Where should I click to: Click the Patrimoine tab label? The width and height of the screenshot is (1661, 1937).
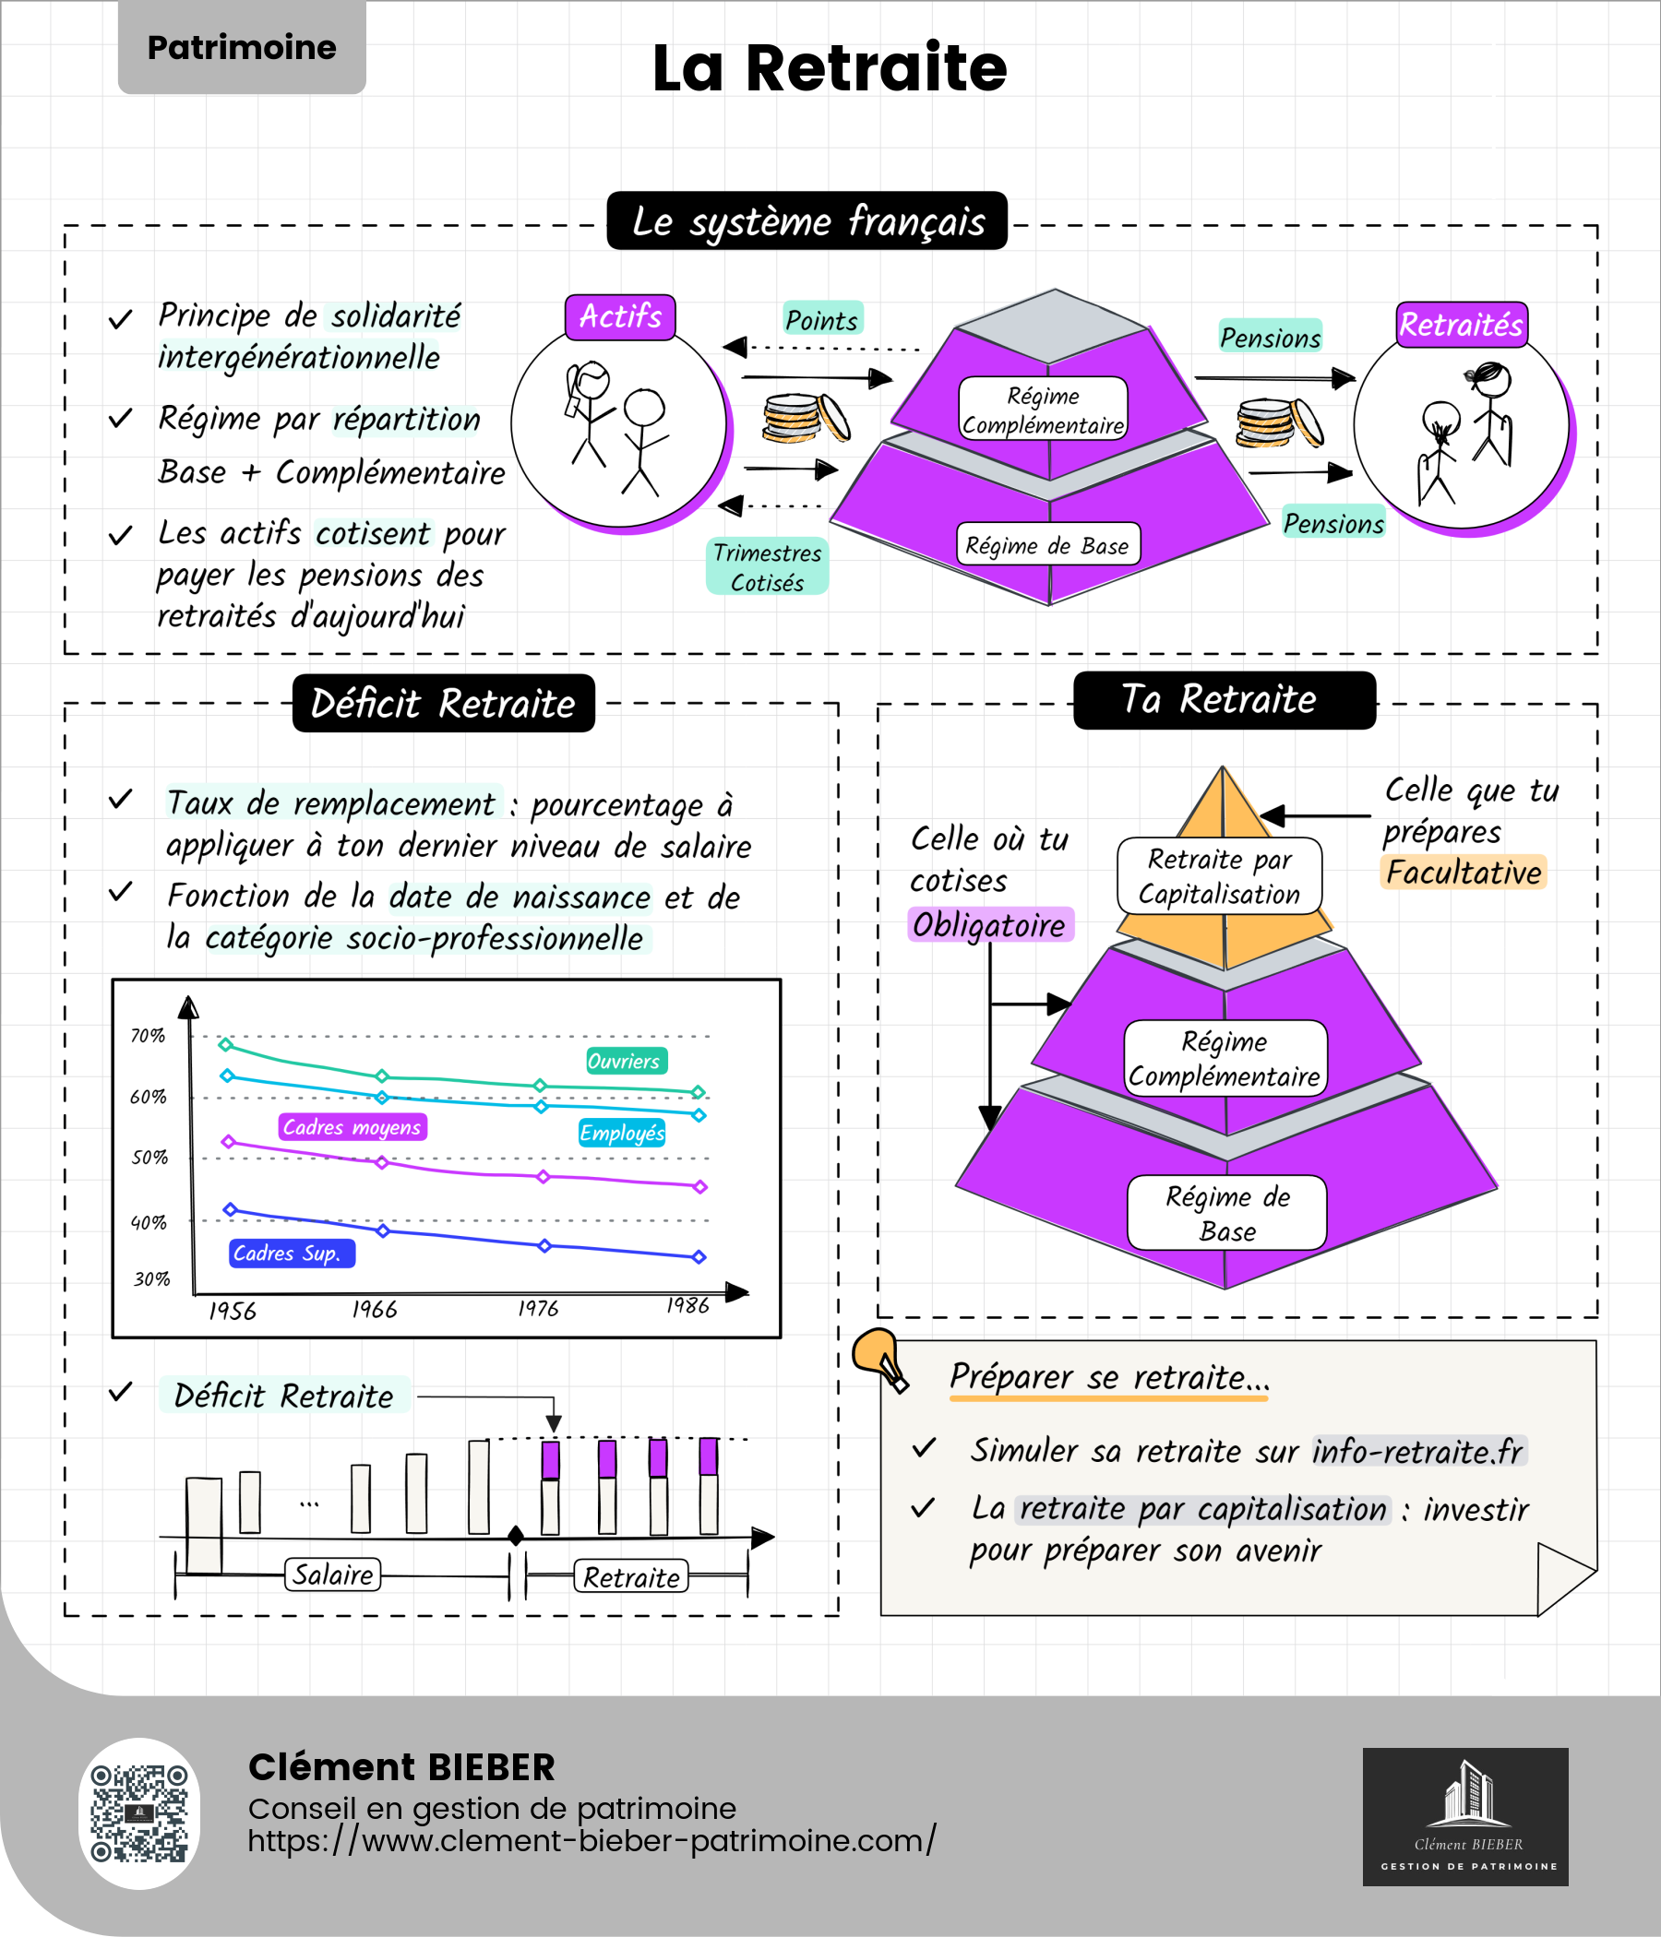pos(241,47)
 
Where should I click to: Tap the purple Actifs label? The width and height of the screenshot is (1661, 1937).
pos(620,317)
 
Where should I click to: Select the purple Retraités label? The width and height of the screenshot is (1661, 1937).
pos(1461,325)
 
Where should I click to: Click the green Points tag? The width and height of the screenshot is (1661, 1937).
pos(822,320)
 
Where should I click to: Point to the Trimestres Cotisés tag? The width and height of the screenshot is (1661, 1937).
pos(767,566)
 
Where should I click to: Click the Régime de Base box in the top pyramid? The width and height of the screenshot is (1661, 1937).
pos(1047,544)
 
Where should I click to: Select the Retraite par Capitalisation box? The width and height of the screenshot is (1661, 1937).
pos(1220,876)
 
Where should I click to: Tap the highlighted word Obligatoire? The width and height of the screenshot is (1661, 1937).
pos(989,924)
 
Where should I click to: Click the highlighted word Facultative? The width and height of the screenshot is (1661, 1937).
pos(1463,873)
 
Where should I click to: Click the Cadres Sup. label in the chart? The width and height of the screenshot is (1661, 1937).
pos(292,1253)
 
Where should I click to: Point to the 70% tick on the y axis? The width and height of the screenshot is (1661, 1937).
pos(148,1036)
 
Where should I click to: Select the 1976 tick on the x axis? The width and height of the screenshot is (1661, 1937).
pos(539,1309)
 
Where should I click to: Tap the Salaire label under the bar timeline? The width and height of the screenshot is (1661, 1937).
pos(333,1575)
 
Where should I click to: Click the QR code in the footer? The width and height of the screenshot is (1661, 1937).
pos(139,1812)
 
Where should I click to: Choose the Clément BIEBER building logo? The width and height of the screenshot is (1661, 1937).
pos(1465,1816)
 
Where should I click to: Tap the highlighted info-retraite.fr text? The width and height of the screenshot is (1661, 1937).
pos(1419,1451)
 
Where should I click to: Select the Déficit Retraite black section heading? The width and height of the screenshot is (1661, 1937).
pos(443,703)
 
